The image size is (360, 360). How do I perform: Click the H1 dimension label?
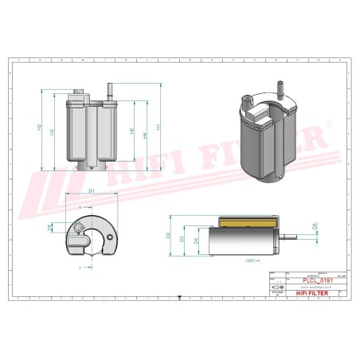160,127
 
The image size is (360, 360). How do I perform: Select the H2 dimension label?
40,127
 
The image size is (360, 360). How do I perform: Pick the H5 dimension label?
131,131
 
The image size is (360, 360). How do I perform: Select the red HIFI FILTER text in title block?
304,294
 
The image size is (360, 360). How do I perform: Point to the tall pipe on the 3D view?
278,87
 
